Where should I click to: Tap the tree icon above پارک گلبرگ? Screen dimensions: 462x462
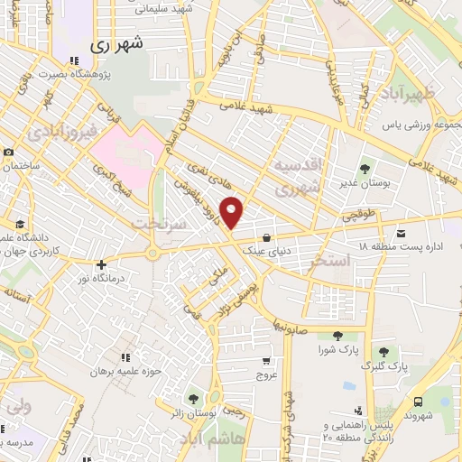click(384, 352)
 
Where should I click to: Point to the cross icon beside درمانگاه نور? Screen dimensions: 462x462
click(102, 265)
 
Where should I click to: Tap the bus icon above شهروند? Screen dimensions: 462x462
click(417, 402)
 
